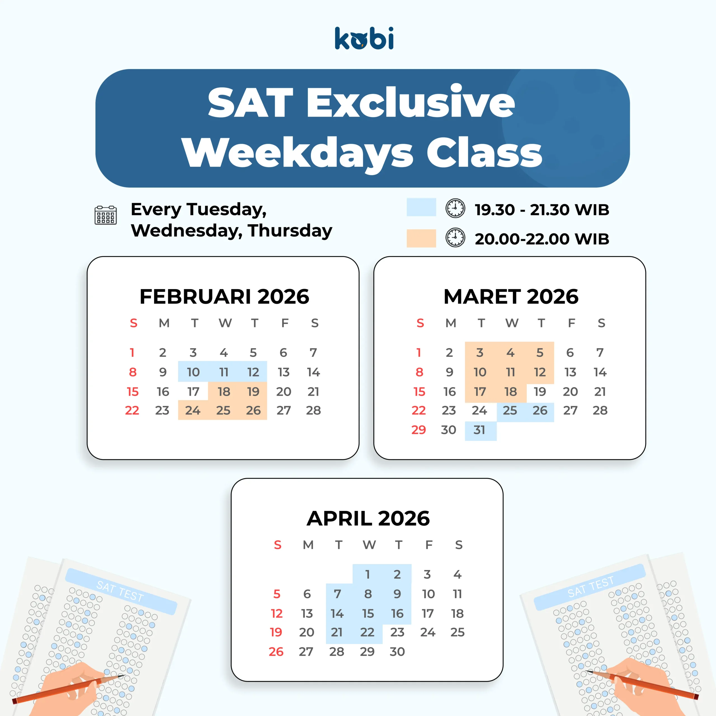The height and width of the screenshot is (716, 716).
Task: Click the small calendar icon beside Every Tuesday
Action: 106,215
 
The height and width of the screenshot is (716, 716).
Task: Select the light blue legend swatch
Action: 421,207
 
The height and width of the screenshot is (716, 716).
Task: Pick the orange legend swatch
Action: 421,238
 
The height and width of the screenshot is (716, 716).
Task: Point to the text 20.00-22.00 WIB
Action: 542,239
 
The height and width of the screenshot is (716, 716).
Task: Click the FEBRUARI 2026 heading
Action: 224,296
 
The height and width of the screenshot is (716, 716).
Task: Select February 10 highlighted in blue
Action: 193,372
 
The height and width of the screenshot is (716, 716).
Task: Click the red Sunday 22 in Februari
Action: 132,410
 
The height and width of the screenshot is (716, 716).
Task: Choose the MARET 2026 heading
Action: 511,296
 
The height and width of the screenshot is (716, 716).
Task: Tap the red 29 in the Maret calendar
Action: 419,430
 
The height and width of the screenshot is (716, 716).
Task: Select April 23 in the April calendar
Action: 397,632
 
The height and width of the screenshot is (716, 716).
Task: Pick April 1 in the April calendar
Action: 367,574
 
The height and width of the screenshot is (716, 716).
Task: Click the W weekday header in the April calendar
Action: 369,545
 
